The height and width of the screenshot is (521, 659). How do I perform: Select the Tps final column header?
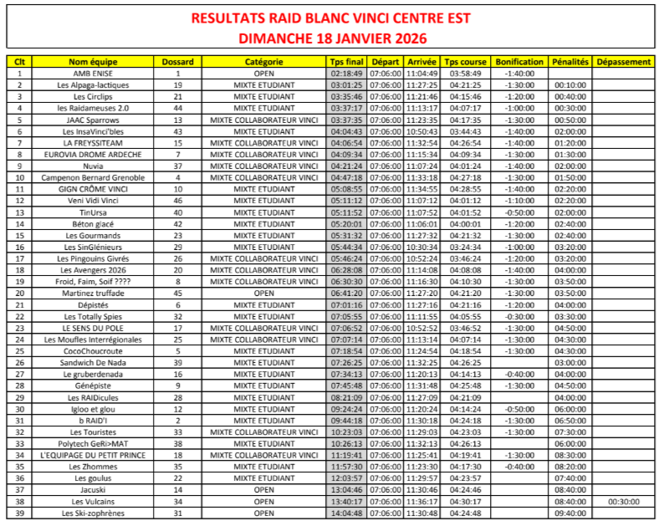click(x=346, y=62)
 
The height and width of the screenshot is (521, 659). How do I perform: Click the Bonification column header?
click(x=519, y=62)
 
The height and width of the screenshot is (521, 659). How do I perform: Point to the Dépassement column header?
click(x=624, y=62)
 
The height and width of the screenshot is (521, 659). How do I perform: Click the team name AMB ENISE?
click(x=93, y=74)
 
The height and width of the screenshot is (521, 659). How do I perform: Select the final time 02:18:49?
click(x=346, y=74)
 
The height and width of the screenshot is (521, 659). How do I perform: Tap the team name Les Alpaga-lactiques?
click(x=93, y=85)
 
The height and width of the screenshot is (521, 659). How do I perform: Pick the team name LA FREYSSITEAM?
click(x=93, y=143)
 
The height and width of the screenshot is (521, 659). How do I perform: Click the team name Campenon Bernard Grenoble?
click(x=93, y=178)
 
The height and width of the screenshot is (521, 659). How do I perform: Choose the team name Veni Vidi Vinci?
click(x=93, y=201)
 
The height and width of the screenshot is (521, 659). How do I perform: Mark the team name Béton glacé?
click(x=93, y=224)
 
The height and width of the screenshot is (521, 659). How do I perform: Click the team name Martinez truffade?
click(x=93, y=294)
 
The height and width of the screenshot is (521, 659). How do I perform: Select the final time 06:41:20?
click(x=346, y=294)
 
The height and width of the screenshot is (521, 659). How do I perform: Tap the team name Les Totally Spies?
click(x=93, y=317)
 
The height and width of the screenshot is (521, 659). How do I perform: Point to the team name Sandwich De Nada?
click(x=93, y=363)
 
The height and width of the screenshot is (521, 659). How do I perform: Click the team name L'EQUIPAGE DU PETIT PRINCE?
click(x=93, y=455)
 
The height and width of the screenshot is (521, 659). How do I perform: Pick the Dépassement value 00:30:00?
click(x=624, y=501)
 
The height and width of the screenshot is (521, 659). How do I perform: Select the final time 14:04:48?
click(x=346, y=513)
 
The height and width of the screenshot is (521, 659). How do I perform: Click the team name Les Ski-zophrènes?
click(x=93, y=513)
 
